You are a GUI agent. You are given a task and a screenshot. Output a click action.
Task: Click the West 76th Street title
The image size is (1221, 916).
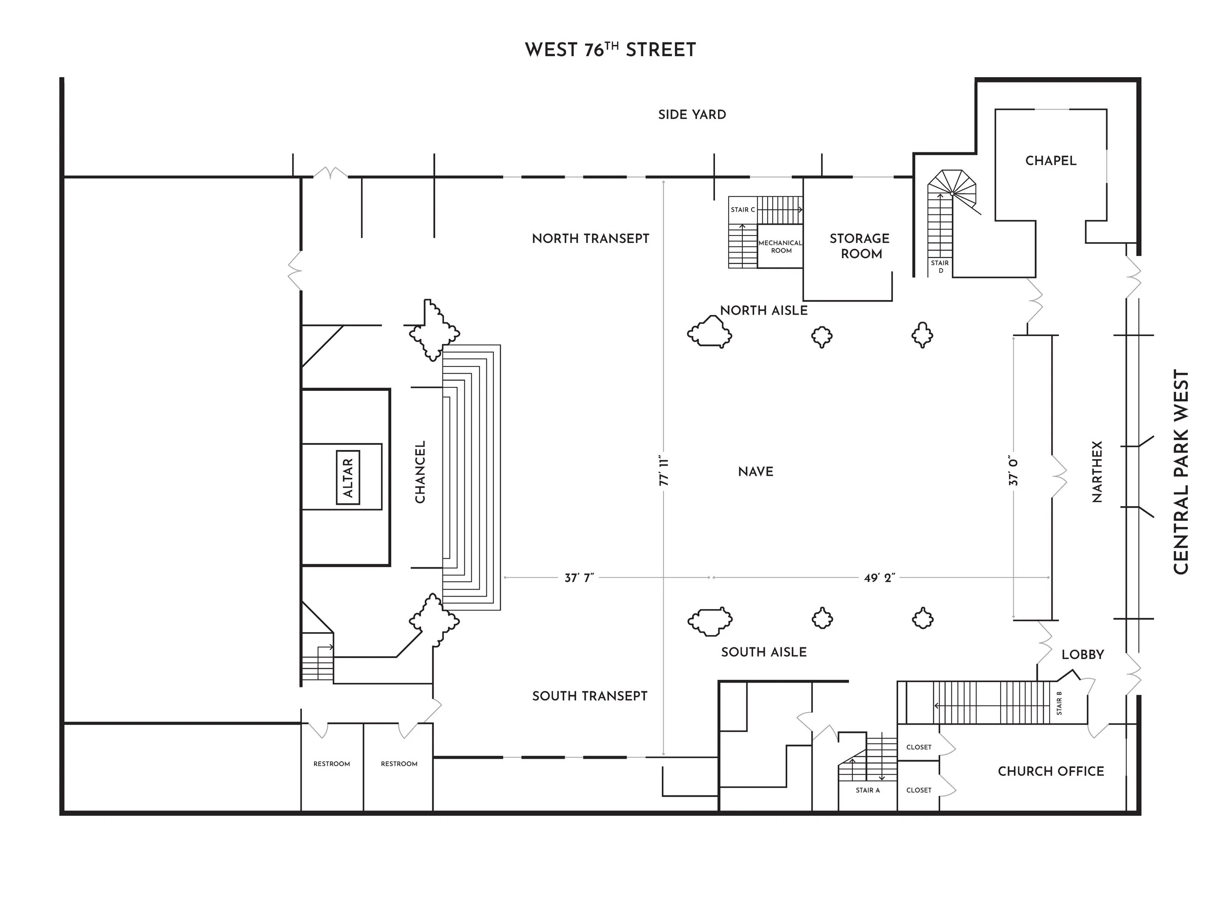click(x=610, y=50)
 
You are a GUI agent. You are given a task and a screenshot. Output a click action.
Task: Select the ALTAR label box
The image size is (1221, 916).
click(x=348, y=477)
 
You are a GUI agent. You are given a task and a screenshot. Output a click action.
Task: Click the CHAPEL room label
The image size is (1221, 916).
click(x=1051, y=161)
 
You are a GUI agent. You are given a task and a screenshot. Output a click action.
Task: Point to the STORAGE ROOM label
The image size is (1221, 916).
click(x=860, y=246)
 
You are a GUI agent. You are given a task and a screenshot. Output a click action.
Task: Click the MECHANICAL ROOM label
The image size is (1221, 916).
click(x=780, y=246)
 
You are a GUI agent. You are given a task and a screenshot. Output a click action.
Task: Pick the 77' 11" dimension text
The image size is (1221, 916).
click(x=663, y=472)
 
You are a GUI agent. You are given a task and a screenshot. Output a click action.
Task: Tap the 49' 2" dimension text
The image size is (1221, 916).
click(x=879, y=578)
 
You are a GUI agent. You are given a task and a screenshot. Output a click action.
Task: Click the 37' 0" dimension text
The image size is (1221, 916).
click(x=1013, y=471)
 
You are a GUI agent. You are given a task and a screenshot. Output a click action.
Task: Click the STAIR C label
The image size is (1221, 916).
click(x=742, y=210)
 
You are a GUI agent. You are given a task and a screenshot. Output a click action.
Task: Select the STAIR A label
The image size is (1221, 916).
click(x=868, y=790)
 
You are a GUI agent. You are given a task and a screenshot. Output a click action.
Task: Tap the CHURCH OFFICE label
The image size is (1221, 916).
click(x=1051, y=771)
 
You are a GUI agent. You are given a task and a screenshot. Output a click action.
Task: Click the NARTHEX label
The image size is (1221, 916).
click(x=1097, y=472)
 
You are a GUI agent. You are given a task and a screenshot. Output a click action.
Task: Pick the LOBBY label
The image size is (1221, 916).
click(x=1082, y=655)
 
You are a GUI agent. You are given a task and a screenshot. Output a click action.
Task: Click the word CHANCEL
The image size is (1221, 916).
click(x=420, y=472)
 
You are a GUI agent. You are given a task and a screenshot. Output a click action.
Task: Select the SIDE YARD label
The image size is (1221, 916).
click(x=692, y=115)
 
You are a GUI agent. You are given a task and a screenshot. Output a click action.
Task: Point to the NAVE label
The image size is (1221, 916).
click(x=755, y=471)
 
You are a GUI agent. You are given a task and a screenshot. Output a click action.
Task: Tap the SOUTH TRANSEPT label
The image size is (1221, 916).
click(x=589, y=696)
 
